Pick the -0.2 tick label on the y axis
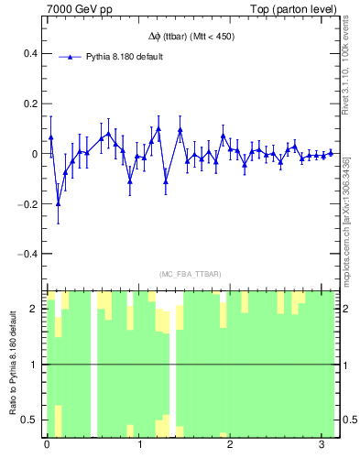(28, 203)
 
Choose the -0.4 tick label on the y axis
(28, 254)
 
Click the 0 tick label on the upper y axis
(35, 154)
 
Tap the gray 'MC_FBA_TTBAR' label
(191, 275)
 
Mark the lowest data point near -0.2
(58, 203)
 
